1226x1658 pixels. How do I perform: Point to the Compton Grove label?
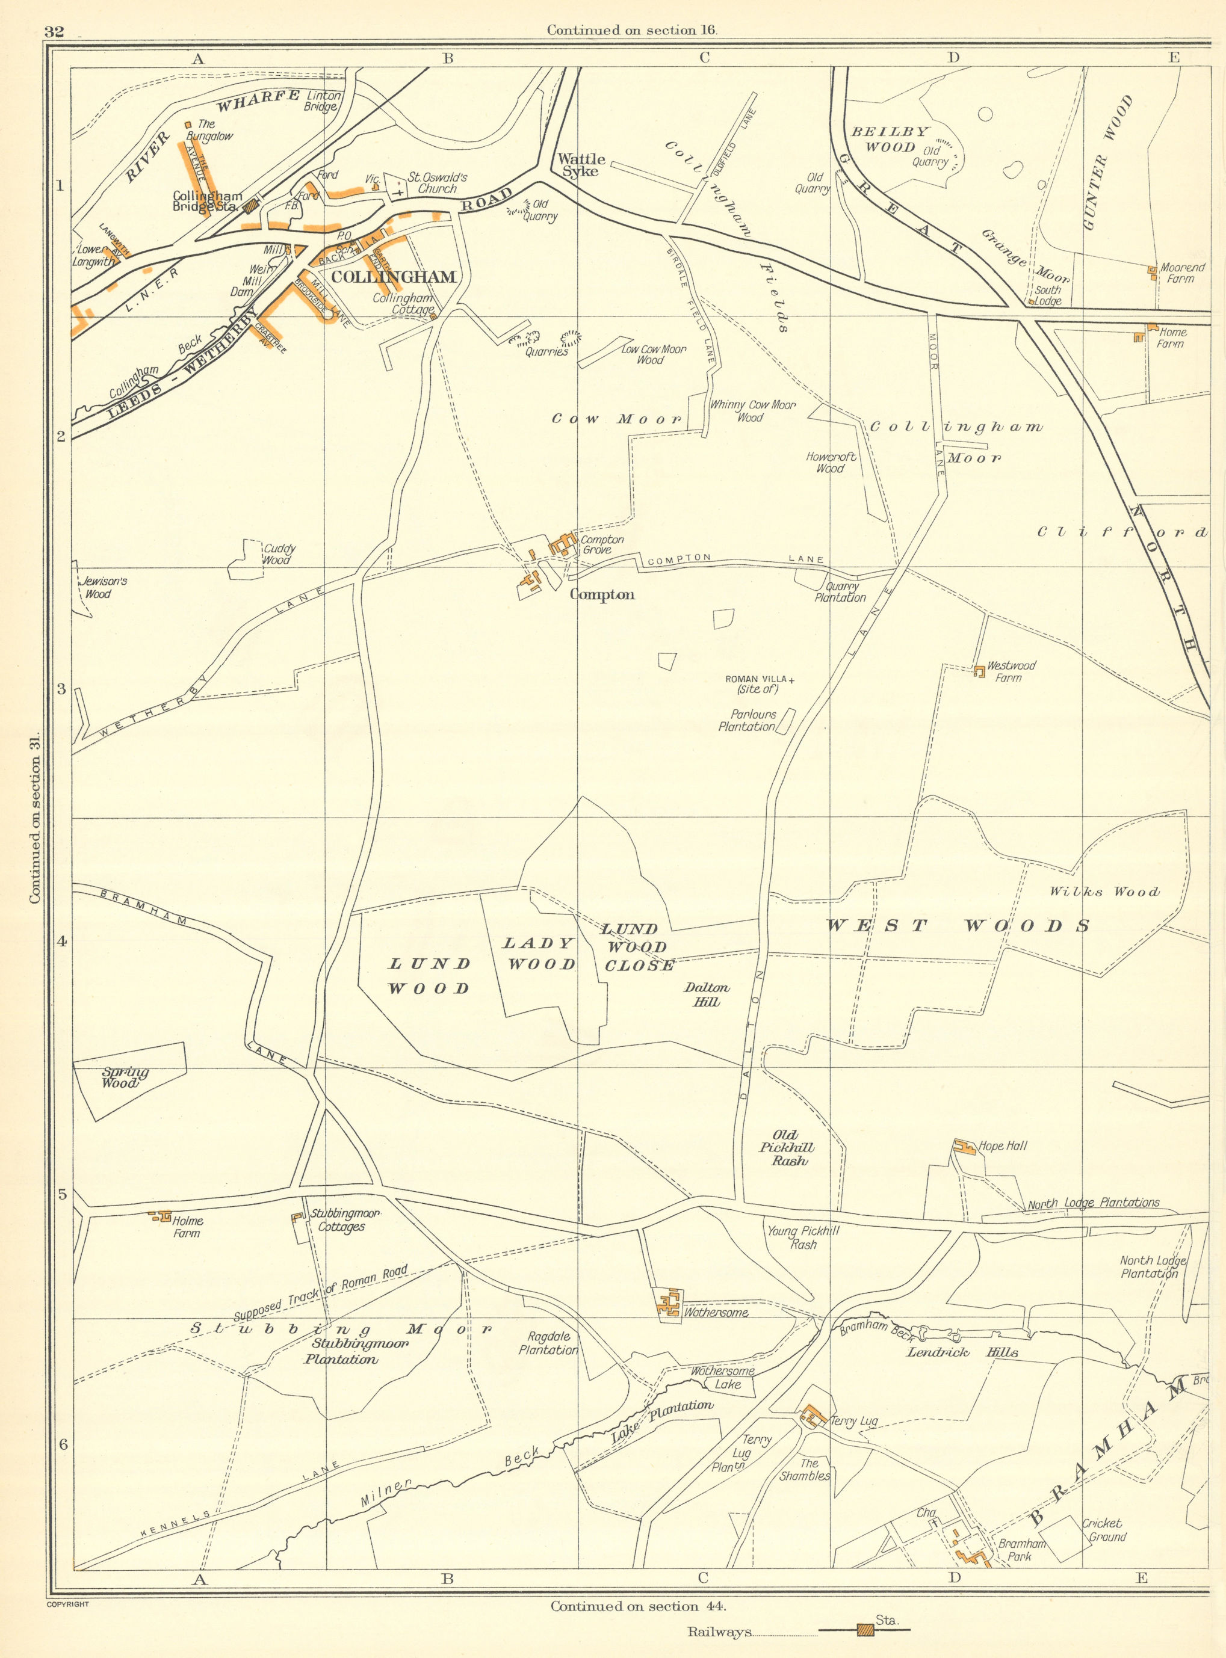coord(602,544)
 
